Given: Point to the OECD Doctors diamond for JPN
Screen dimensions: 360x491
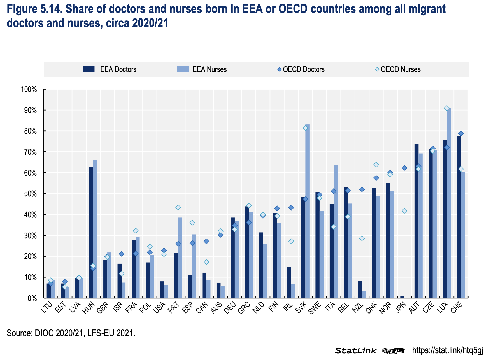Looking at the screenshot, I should (x=404, y=168).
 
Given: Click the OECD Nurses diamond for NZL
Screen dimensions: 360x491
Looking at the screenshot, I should (x=362, y=238).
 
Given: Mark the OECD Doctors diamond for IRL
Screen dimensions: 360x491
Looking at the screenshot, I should (x=291, y=207).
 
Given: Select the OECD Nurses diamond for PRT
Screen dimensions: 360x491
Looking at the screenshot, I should (x=178, y=207).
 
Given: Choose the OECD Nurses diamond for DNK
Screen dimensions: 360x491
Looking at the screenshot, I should (x=376, y=165).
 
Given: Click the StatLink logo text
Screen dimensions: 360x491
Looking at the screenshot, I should (x=356, y=350).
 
